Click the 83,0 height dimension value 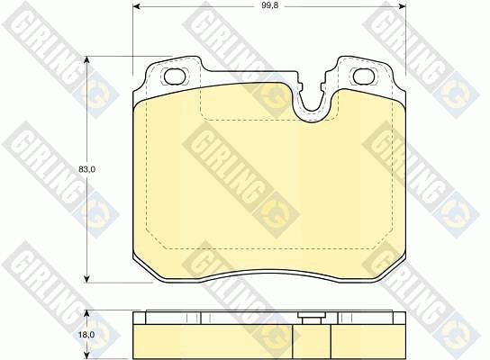(86, 169)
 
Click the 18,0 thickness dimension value (86, 335)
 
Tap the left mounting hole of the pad (175, 76)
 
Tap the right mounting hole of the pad (364, 76)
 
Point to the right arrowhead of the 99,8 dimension (401, 6)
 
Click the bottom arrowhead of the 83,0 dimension (87, 278)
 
